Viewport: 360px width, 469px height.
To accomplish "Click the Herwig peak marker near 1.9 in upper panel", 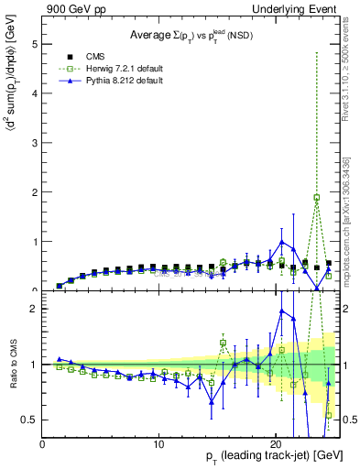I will click(317, 197).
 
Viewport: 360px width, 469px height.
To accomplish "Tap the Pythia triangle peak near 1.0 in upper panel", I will click(282, 242).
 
